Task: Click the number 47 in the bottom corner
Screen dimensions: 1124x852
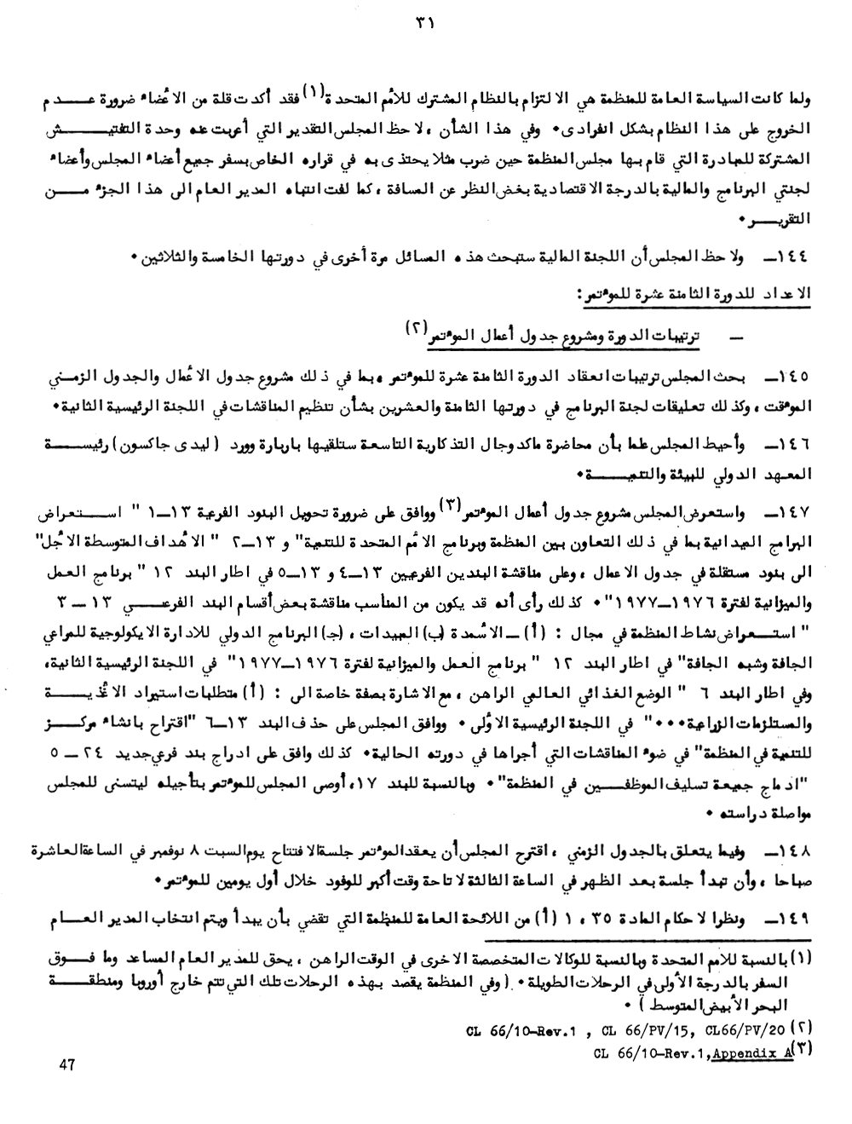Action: pyautogui.click(x=68, y=1063)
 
